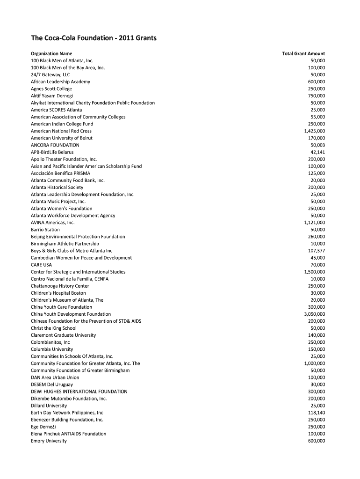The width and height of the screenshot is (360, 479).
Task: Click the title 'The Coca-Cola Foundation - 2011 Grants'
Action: [x=94, y=38]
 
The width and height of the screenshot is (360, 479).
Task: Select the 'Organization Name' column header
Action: [x=51, y=54]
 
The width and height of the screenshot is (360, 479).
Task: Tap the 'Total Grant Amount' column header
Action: [x=303, y=54]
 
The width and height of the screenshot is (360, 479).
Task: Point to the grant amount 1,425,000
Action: [x=315, y=131]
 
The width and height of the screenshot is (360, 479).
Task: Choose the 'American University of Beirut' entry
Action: [x=62, y=138]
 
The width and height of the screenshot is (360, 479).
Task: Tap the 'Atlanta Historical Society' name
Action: [x=57, y=187]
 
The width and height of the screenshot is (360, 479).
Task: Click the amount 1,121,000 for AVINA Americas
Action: [x=315, y=223]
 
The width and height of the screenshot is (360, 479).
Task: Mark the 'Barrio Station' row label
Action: [x=45, y=230]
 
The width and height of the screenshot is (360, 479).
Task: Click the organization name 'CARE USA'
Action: [x=42, y=265]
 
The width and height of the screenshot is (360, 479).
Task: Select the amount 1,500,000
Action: [x=315, y=272]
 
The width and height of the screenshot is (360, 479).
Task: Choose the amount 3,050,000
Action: [x=315, y=314]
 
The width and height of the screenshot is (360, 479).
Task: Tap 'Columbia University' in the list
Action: [x=52, y=349]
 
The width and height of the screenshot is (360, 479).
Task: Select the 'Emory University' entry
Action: [x=49, y=441]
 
